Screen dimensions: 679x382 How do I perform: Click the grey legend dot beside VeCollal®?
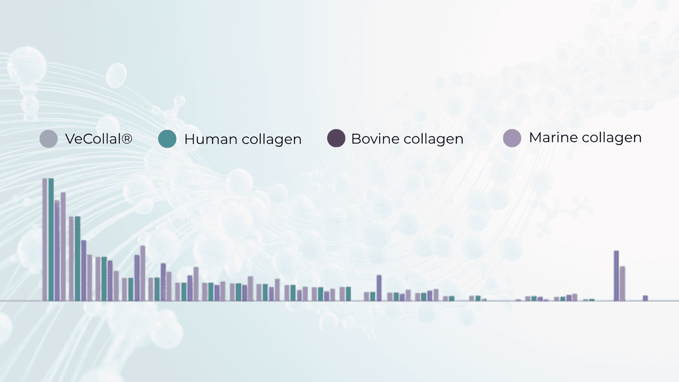48,139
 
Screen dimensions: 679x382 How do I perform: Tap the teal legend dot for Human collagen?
167,139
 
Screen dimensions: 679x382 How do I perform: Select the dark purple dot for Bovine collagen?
336,138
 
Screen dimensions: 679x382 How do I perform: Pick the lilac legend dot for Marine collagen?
512,138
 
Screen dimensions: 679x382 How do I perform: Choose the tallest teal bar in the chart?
51,239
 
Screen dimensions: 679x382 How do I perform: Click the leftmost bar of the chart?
45,239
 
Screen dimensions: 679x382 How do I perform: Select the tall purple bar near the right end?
616,276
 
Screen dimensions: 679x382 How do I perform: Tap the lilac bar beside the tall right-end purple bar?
622,284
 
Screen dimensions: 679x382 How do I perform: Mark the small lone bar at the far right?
645,298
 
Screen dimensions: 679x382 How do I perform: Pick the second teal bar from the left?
78,258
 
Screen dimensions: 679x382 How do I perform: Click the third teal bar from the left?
104,279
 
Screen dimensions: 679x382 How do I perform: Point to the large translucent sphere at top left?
27,65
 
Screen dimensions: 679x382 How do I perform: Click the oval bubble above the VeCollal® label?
116,76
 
